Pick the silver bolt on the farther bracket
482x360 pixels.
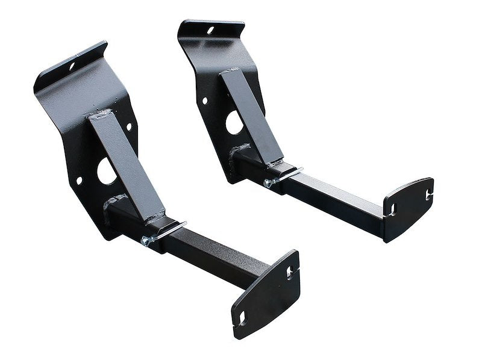[x=269, y=182]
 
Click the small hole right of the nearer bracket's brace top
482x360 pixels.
[x=128, y=127]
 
